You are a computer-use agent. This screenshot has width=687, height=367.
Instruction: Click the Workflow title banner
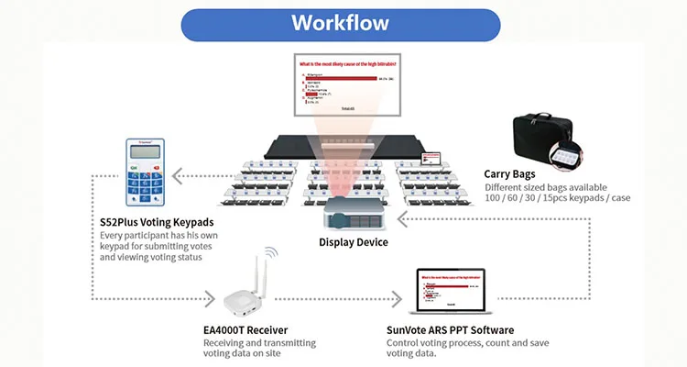tap(340, 22)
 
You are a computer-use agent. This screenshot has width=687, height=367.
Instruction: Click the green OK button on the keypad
tap(134, 169)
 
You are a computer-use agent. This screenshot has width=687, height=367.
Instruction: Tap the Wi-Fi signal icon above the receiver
tap(272, 253)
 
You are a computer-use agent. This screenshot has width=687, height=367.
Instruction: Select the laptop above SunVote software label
tap(455, 291)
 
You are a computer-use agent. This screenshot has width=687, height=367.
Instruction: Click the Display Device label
tap(353, 242)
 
